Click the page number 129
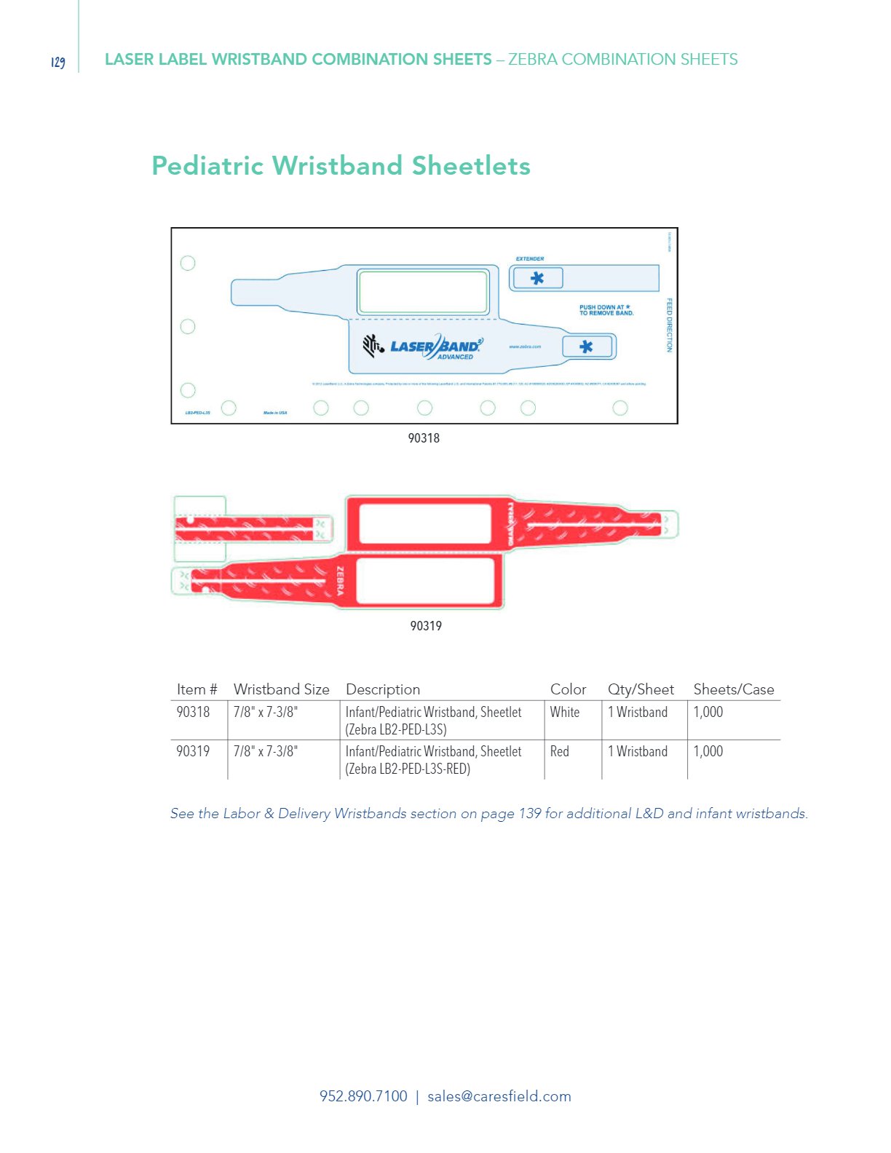tap(58, 62)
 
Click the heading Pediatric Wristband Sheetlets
tap(341, 166)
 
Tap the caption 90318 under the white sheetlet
tap(424, 438)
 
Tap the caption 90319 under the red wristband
tap(426, 626)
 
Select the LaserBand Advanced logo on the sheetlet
tap(423, 346)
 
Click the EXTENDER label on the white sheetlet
tap(530, 259)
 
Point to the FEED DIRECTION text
tap(670, 325)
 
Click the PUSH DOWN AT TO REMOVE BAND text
tap(606, 310)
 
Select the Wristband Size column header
tap(282, 689)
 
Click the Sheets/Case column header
tap(734, 689)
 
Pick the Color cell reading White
tap(565, 712)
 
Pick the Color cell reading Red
tap(560, 751)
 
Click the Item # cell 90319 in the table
tap(193, 751)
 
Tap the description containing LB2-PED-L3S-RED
tap(433, 760)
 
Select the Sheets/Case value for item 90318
tap(708, 712)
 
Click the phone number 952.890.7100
tap(363, 1096)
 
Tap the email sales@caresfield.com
tap(499, 1096)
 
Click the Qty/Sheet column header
tap(641, 689)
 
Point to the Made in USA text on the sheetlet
tap(275, 413)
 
